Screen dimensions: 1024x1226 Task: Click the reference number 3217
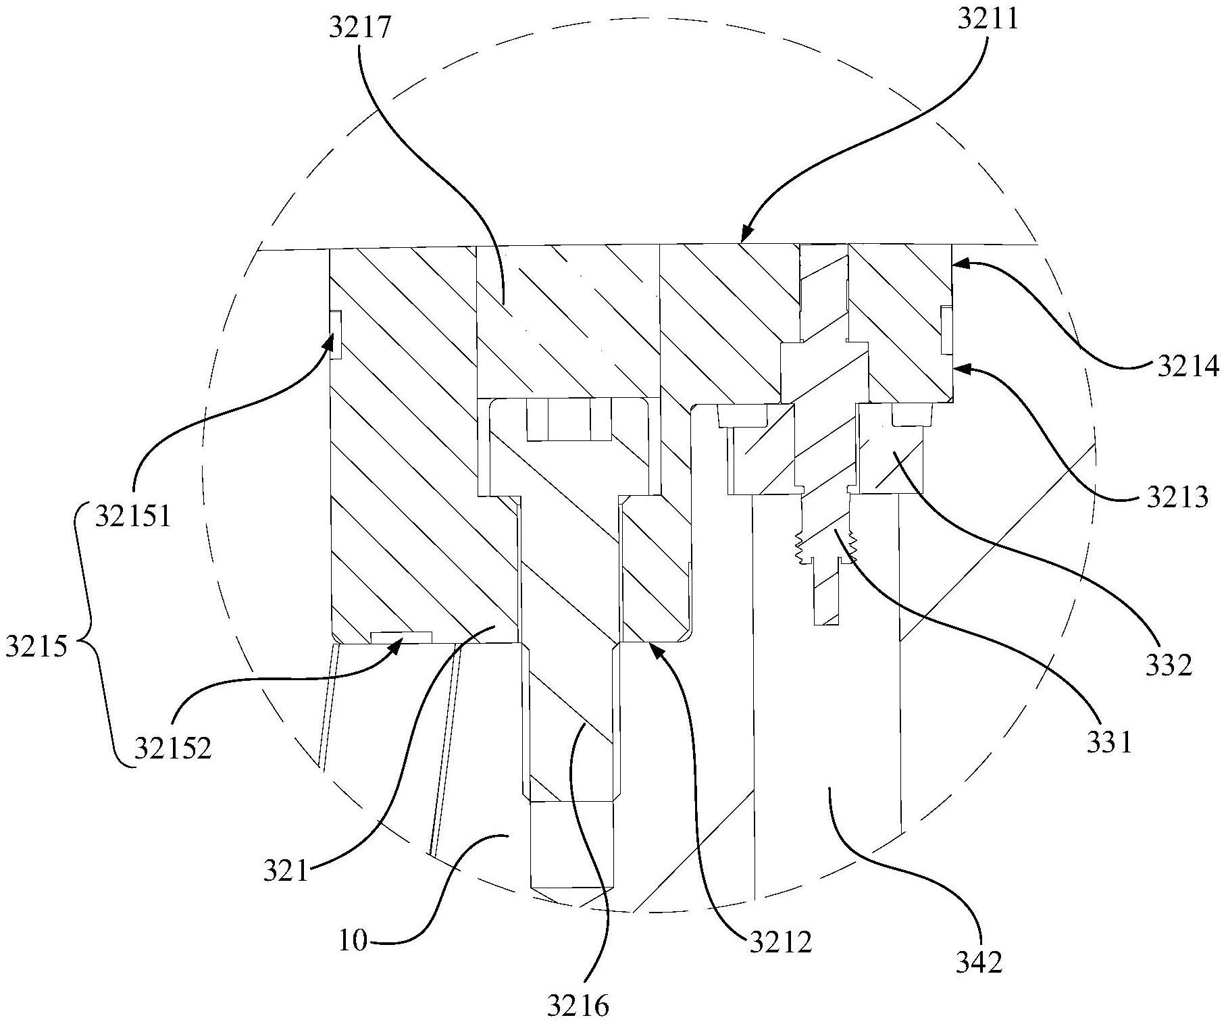point(360,29)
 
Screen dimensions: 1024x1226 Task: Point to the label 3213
point(1177,498)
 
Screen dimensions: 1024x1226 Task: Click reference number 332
point(1168,665)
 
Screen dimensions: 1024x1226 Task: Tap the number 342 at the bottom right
point(979,961)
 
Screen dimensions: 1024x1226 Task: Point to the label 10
point(353,940)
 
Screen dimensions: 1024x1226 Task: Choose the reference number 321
point(285,871)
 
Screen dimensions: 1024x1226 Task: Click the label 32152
point(172,748)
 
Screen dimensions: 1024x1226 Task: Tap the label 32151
point(133,517)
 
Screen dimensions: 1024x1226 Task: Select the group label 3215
point(36,646)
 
